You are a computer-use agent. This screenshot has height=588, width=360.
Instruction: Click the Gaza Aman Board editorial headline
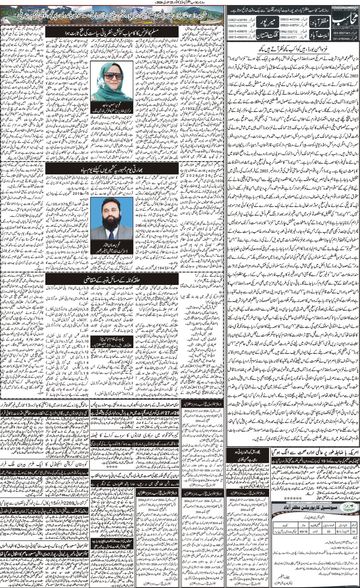293,48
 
